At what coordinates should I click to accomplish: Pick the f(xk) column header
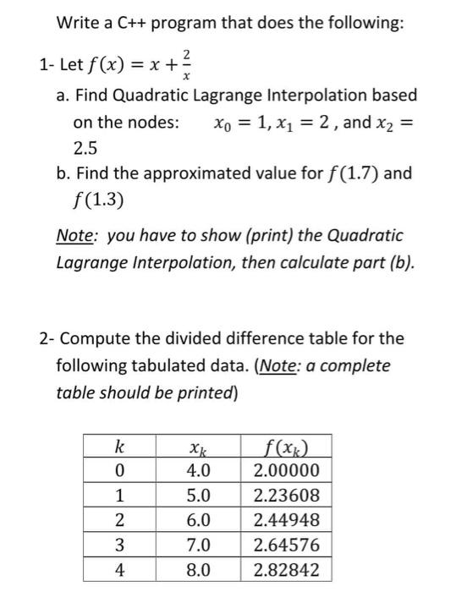pos(287,447)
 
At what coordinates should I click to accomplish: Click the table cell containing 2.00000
pos(287,470)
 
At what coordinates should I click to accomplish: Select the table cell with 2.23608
pos(287,496)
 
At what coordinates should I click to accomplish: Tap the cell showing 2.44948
pos(287,520)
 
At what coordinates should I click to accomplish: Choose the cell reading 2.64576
pos(287,545)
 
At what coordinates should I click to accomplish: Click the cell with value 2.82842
pos(287,570)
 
